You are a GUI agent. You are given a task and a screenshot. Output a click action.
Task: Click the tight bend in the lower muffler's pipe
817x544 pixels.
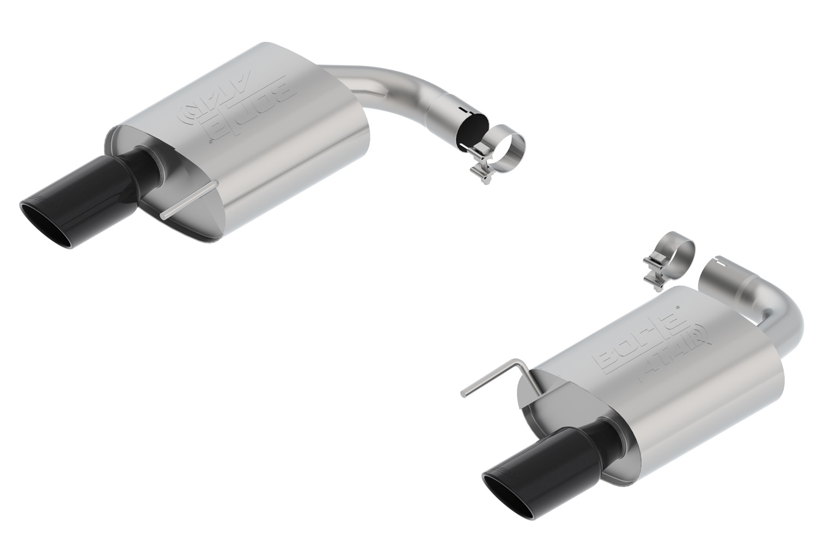[x=784, y=321]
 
